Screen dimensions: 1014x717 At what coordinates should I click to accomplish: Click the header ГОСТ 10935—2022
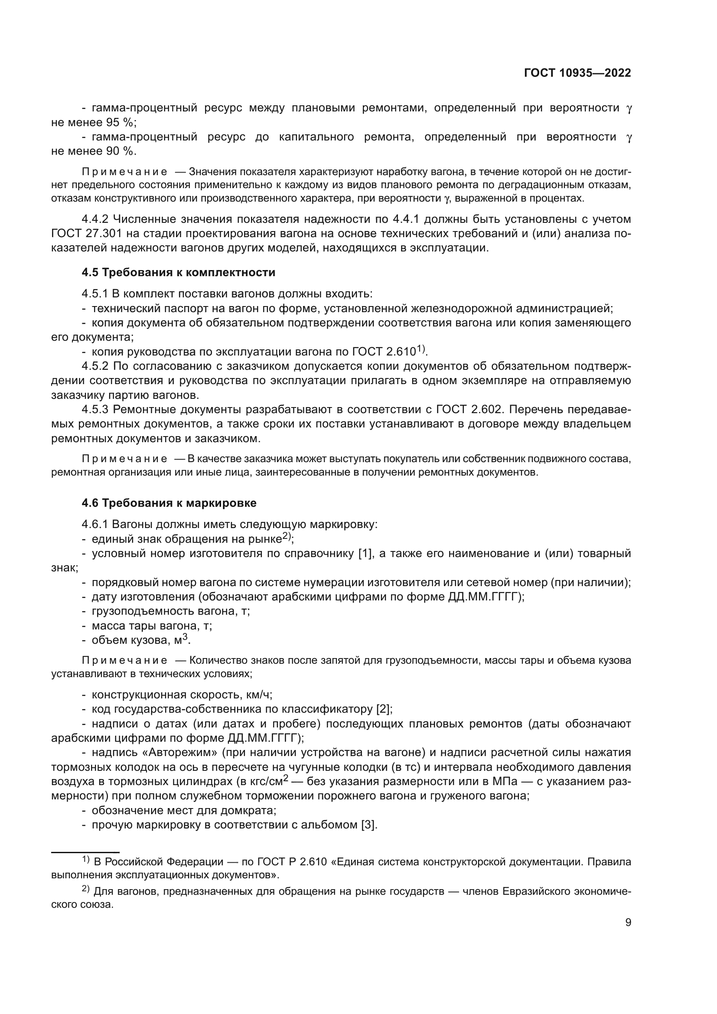pos(577,73)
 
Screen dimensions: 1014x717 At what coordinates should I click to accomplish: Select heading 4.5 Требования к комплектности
pos(178,273)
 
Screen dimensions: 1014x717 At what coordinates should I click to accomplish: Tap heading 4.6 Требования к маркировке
pos(169,503)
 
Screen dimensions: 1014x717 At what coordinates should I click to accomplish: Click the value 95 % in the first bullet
pos(120,122)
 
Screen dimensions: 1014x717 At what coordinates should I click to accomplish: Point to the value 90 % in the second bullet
pos(120,151)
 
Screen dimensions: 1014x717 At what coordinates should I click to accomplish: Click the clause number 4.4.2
pos(95,219)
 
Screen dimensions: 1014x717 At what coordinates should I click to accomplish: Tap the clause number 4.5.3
pos(95,409)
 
